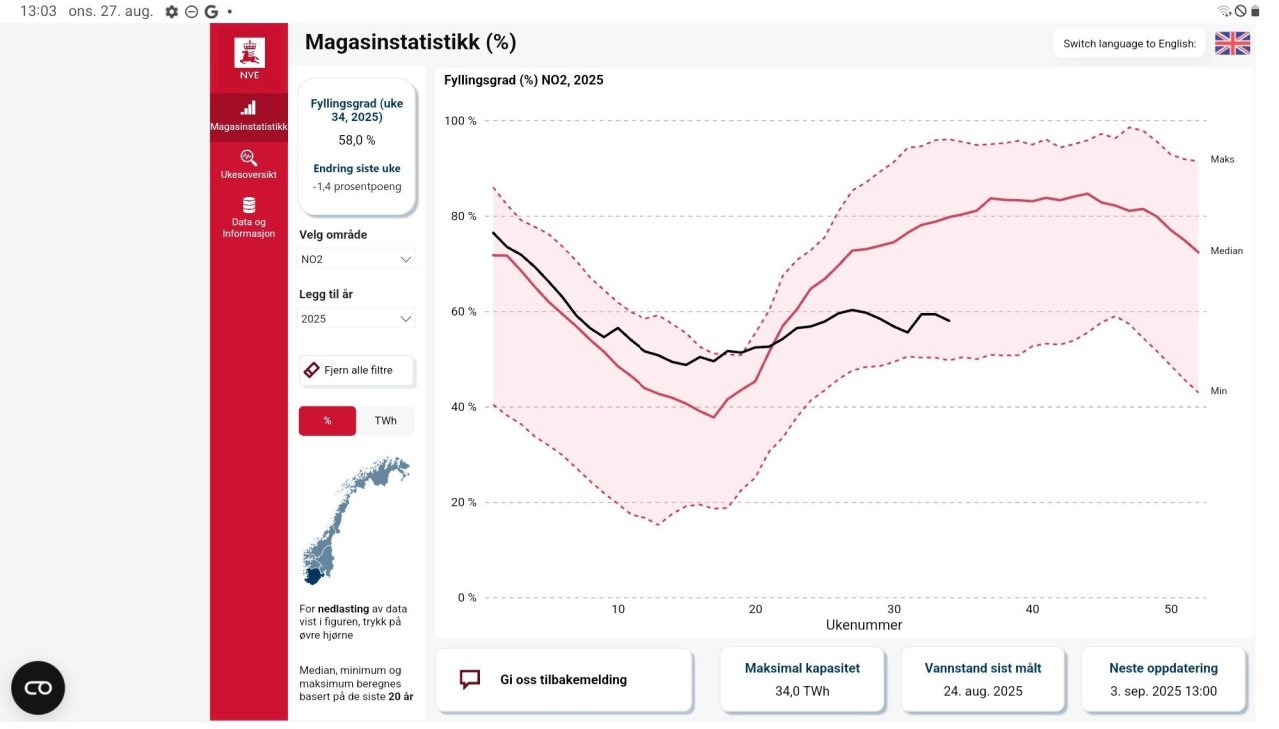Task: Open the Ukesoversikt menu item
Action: click(249, 163)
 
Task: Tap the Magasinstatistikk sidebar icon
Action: click(249, 108)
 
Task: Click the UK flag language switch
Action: click(1232, 43)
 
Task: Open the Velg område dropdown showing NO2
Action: click(357, 259)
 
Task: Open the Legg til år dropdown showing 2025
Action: click(357, 319)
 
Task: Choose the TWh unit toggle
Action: click(385, 421)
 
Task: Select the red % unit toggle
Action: click(327, 421)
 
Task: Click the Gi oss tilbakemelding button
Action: click(564, 680)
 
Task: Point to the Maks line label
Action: click(1222, 159)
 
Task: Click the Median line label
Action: click(1226, 251)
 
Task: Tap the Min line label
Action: click(1218, 391)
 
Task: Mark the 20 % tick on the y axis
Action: click(462, 502)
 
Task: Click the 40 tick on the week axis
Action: click(1032, 609)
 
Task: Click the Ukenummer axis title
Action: click(864, 625)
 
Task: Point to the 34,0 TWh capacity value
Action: click(802, 691)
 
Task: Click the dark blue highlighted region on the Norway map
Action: click(314, 576)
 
